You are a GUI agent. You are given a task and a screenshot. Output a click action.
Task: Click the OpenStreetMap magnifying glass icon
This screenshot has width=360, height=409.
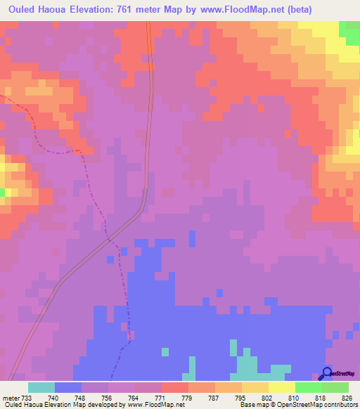326,374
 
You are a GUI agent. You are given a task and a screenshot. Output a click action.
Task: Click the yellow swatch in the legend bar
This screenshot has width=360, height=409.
281,388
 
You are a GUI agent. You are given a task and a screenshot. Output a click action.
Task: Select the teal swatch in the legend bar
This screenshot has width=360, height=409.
41,388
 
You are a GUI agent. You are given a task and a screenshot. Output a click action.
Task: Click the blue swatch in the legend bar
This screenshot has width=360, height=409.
67,388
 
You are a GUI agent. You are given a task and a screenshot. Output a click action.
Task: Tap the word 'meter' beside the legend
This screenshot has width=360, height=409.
9,398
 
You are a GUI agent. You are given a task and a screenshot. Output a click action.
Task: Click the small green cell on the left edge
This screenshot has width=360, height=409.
2,192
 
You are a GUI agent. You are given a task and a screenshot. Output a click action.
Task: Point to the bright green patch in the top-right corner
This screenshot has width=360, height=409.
349,29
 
